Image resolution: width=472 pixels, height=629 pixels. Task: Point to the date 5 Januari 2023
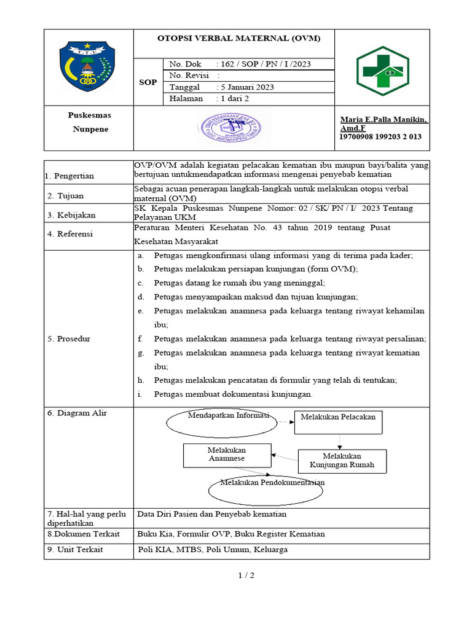coord(245,87)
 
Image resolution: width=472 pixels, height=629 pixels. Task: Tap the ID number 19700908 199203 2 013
coord(380,137)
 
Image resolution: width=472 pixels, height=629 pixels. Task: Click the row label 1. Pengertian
coord(70,176)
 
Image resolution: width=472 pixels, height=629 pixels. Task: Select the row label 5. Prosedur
coord(69,338)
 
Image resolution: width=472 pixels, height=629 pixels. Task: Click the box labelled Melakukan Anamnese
coord(226,455)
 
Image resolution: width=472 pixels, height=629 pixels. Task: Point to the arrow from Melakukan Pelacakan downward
coord(340,442)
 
